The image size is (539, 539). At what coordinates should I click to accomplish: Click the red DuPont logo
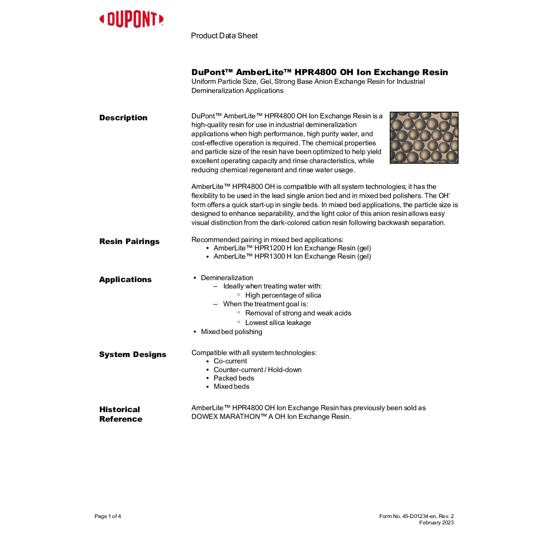point(132,19)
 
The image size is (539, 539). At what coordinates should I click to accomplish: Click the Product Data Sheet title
point(224,36)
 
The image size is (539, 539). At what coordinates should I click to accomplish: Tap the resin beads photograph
point(424,138)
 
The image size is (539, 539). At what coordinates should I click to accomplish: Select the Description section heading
point(123,118)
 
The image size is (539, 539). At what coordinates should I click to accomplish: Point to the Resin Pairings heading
point(129,241)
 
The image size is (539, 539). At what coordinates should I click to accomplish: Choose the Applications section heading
point(125,280)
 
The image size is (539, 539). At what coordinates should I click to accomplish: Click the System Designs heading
point(133,355)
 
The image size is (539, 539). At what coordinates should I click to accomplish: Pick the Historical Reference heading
point(121,414)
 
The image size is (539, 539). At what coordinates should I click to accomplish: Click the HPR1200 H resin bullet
point(292,248)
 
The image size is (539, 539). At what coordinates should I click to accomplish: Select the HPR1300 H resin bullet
point(292,257)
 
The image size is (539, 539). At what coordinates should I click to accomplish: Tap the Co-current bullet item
point(230,361)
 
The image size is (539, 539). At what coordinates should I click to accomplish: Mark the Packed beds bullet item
point(234,378)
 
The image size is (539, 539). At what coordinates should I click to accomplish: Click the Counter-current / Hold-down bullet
point(257,370)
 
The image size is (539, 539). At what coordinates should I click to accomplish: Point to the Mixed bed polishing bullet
point(231,332)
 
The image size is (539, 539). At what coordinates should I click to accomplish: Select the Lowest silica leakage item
point(278,323)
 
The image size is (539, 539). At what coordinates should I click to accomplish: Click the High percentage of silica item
point(283,295)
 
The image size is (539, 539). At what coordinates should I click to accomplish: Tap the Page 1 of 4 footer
point(108,516)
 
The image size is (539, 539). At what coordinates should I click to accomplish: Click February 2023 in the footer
point(436,523)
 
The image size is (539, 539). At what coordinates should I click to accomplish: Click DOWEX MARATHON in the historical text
point(229,417)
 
